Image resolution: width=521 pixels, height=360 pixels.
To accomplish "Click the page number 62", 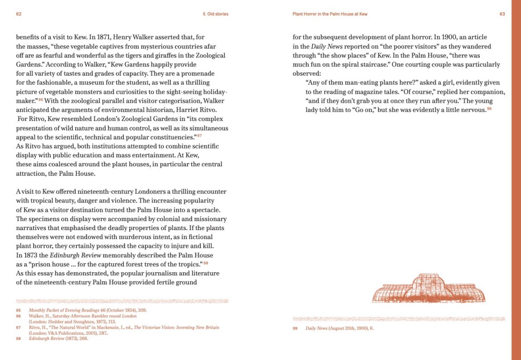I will pos(19,14).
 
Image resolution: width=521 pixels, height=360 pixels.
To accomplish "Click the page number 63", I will pos(502,14).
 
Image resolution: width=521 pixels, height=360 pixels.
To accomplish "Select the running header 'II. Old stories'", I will pos(215,14).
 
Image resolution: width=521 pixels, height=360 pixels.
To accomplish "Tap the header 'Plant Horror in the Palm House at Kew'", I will pos(330,14).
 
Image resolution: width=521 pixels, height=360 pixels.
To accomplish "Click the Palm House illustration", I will pos(429,288).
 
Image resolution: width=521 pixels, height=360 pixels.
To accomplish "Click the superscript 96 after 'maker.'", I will pos(40,100).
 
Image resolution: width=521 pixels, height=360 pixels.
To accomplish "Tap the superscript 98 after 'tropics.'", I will pos(205,263).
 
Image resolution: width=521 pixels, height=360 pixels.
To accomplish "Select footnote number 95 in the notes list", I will pos(19,311).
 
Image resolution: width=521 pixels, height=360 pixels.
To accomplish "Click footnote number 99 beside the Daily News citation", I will pos(295,328).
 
